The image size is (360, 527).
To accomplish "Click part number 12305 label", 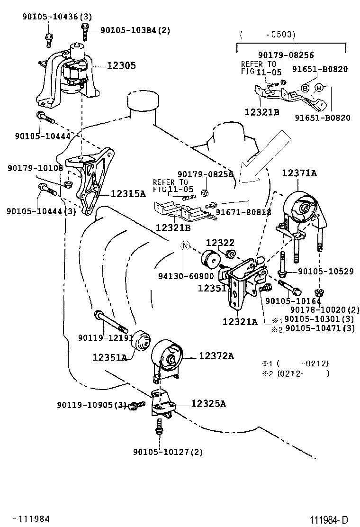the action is click(x=122, y=65).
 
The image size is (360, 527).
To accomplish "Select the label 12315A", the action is click(x=128, y=193).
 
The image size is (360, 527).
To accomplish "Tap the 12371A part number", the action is click(x=299, y=173).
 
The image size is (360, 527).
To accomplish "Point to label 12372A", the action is click(x=216, y=355).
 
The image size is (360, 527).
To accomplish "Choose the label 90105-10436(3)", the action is click(x=57, y=17).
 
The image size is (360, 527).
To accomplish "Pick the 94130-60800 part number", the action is click(x=186, y=276).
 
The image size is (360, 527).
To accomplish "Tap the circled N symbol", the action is click(x=185, y=246).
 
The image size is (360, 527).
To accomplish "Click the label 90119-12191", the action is click(x=106, y=337).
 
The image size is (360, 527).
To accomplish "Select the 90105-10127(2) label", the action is click(x=168, y=452).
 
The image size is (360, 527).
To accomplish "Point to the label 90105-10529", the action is click(x=326, y=271).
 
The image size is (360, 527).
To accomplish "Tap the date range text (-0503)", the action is click(x=268, y=34).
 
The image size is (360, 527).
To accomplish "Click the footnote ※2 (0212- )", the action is click(x=296, y=373).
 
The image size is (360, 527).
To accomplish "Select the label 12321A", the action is click(x=240, y=322).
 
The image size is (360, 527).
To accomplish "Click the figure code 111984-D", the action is click(x=329, y=520).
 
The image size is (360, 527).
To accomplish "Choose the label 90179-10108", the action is click(x=35, y=168).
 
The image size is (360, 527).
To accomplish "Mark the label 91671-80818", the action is click(x=243, y=212).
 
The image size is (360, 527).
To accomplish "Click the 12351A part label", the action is click(x=110, y=357).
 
